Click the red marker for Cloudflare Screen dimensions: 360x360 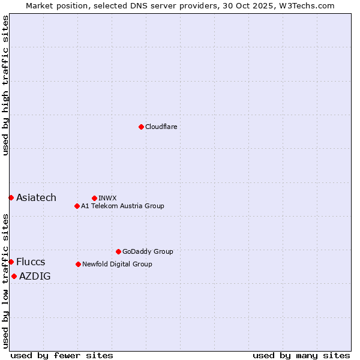(x=141, y=127)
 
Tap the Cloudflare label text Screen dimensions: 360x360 (x=161, y=127)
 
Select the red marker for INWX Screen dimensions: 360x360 (x=94, y=198)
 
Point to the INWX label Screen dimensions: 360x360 (x=107, y=198)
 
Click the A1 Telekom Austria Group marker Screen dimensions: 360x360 (x=77, y=206)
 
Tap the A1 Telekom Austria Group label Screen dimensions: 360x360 (x=122, y=206)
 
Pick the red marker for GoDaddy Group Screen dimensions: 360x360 (x=118, y=251)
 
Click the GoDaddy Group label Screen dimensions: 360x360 (x=148, y=251)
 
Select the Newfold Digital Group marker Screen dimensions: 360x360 (x=78, y=264)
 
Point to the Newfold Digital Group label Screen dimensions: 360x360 (x=117, y=264)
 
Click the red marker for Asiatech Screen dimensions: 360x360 (x=11, y=197)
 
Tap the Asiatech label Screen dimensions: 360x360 (x=36, y=197)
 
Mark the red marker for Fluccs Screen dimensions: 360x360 (x=11, y=262)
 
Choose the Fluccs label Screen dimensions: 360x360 (x=31, y=262)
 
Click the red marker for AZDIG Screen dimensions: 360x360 (x=14, y=276)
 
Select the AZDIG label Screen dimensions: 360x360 (x=35, y=276)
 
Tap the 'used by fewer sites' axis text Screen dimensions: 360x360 (x=62, y=355)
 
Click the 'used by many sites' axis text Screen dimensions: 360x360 (x=301, y=355)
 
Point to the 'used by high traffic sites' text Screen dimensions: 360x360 (x=5, y=85)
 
